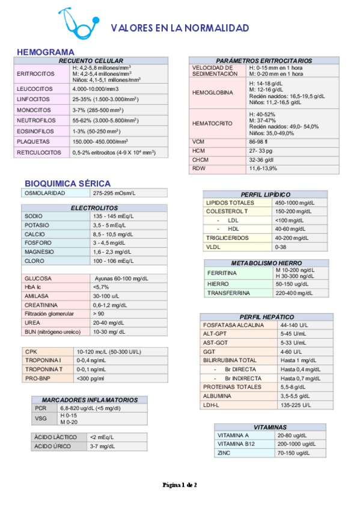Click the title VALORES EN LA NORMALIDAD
[180, 28]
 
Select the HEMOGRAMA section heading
[46, 52]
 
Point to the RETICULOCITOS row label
[39, 153]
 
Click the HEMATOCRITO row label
[212, 123]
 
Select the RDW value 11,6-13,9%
[263, 169]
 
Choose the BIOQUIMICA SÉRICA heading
[67, 183]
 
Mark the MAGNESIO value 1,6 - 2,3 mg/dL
[113, 252]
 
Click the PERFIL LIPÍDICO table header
[265, 195]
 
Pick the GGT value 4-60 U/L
[290, 351]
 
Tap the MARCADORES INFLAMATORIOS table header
[90, 399]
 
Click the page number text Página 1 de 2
[180, 484]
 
